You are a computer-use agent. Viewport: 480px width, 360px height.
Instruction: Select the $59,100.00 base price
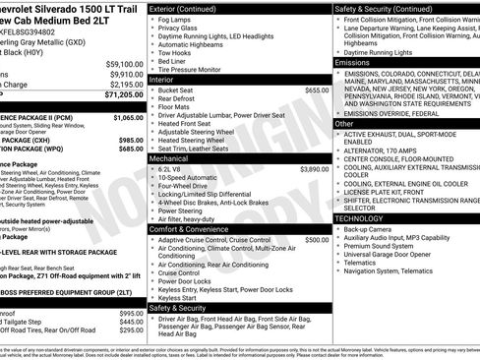click(124, 63)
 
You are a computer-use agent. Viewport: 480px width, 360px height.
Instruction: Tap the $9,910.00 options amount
click(126, 74)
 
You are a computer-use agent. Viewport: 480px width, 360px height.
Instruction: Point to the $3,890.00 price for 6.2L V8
click(314, 169)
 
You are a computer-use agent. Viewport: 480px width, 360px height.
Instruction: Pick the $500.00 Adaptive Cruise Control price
click(317, 240)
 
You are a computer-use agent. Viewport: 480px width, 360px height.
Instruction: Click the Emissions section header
click(353, 62)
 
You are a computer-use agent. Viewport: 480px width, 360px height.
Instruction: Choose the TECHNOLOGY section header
click(361, 217)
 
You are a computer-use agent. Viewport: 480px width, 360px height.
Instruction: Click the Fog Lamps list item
click(174, 20)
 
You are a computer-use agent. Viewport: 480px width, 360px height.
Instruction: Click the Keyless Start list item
click(178, 297)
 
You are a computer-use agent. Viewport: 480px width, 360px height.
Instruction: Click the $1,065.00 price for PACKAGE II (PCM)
click(128, 118)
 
